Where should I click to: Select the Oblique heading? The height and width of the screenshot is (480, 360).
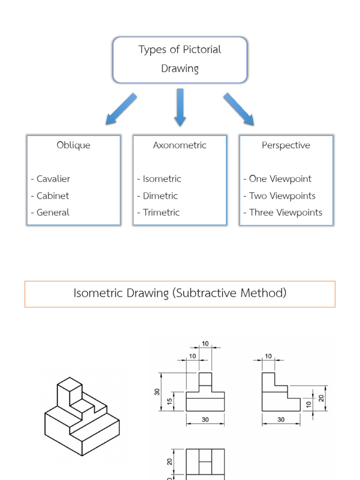74,145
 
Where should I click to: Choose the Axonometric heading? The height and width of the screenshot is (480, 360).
180,145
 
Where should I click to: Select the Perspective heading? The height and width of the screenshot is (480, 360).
286,145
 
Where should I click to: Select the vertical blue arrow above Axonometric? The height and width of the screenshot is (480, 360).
180,107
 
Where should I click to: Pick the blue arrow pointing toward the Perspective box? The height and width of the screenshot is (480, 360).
239,109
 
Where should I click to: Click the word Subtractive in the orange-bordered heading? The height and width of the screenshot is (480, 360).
206,293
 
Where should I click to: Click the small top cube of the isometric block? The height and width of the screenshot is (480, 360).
69,387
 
